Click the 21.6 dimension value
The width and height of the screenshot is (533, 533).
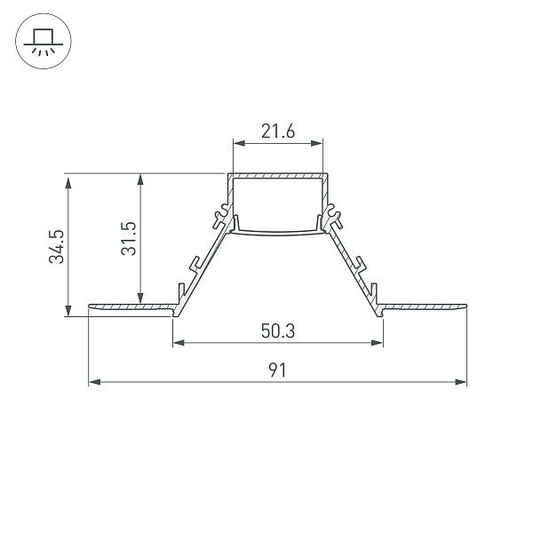point(277,132)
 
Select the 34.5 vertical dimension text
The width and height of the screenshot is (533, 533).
point(56,246)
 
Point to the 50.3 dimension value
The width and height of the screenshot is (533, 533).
point(277,332)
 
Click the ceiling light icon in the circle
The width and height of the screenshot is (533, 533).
point(41,41)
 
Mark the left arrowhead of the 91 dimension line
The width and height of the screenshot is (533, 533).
point(93,383)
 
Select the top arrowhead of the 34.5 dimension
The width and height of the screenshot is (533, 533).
point(68,179)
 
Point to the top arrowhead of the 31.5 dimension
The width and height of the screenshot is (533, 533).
point(139,179)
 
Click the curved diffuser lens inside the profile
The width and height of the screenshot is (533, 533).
point(277,234)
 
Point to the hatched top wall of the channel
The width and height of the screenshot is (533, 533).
point(277,176)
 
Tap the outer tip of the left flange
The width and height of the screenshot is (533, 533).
point(90,307)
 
